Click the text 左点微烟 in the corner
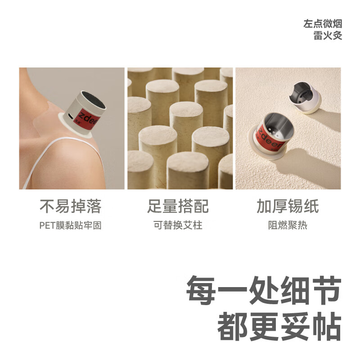click(323, 24)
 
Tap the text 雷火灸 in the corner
click(328, 36)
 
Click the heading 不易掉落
click(70, 207)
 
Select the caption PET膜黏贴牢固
click(70, 225)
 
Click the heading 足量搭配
click(178, 207)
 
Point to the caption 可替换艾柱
click(178, 225)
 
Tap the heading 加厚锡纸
click(288, 207)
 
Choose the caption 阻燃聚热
click(288, 225)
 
